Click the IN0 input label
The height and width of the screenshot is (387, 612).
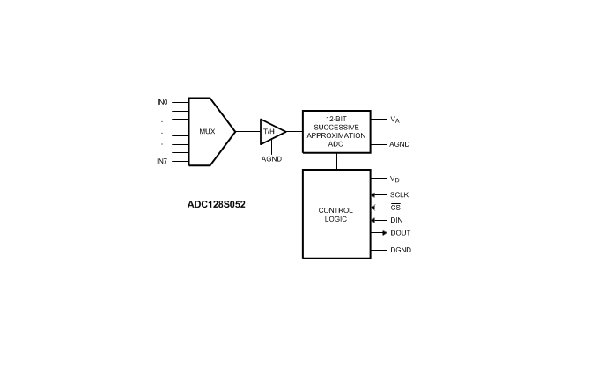click(x=162, y=102)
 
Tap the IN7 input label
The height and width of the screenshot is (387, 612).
click(x=162, y=161)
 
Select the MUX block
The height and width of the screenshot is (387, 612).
click(x=208, y=132)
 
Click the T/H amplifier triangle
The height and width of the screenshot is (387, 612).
click(x=270, y=132)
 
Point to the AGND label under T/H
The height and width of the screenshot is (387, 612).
click(x=271, y=159)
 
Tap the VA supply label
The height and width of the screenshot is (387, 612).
click(x=395, y=119)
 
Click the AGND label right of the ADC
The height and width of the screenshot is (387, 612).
click(x=401, y=143)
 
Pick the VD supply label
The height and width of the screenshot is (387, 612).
click(x=395, y=179)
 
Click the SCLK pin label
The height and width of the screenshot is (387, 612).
click(x=400, y=194)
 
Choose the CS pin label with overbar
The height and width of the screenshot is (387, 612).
click(x=395, y=208)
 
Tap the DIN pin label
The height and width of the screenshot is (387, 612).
click(x=397, y=220)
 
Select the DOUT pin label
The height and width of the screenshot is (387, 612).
click(x=401, y=233)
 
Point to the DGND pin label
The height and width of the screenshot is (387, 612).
click(x=401, y=250)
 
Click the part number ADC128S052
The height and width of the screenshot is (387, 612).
click(x=217, y=204)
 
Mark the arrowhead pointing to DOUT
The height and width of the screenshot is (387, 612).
click(x=382, y=233)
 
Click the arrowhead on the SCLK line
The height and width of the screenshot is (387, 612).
click(x=375, y=194)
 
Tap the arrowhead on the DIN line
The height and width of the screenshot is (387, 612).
click(x=375, y=220)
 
